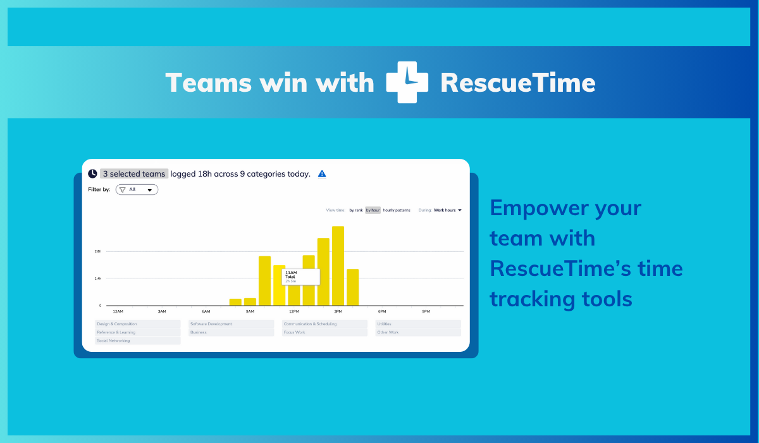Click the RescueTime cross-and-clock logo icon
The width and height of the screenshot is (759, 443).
[x=407, y=82]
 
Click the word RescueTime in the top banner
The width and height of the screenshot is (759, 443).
[x=517, y=83]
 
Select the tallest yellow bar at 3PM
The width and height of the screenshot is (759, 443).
[x=338, y=266]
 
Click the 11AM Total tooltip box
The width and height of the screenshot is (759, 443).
[x=300, y=277]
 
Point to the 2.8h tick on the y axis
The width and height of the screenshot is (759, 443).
[x=98, y=251]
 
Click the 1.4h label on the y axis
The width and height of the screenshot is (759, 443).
[x=98, y=278]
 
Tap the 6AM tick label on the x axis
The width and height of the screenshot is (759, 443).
[x=206, y=311]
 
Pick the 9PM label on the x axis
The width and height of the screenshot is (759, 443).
[x=426, y=311]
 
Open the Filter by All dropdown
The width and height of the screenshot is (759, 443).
[x=137, y=189]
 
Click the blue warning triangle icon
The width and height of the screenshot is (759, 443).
[x=322, y=174]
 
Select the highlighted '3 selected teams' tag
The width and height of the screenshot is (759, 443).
[x=134, y=173]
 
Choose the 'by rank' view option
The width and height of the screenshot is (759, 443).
[x=356, y=210]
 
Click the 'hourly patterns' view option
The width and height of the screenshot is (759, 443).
[x=397, y=210]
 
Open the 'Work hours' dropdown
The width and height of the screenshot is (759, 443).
[x=448, y=210]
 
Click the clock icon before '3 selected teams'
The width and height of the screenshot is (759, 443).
[x=92, y=173]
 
